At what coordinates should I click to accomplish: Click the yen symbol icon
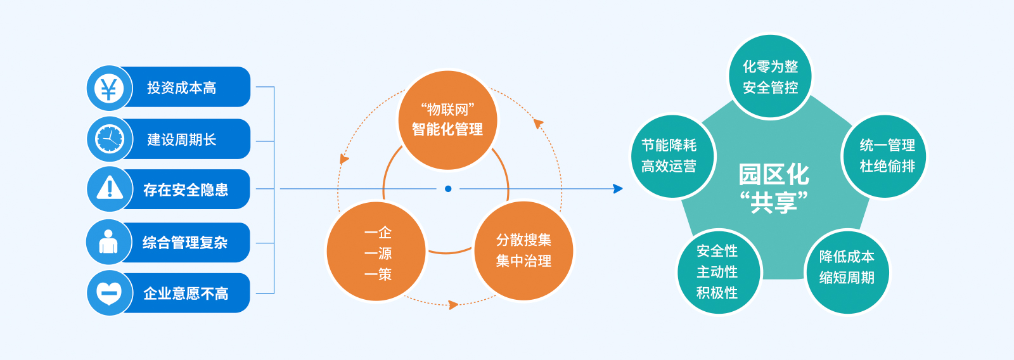click(108, 88)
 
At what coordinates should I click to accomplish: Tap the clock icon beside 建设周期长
click(109, 139)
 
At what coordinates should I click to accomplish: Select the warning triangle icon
click(109, 188)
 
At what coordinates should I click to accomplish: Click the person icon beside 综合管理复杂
click(108, 241)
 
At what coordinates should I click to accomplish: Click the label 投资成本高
click(181, 88)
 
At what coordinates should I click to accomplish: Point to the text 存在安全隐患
click(186, 190)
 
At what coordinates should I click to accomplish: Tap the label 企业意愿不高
click(186, 294)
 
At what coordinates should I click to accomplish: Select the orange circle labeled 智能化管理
click(447, 120)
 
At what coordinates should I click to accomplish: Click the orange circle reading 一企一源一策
click(376, 252)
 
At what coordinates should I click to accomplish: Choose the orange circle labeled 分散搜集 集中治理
click(523, 250)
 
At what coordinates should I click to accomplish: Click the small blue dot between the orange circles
click(448, 189)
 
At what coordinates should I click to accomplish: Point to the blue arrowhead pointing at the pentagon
click(618, 189)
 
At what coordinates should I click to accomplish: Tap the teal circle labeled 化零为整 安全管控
click(770, 76)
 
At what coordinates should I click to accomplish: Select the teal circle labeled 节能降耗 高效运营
click(672, 156)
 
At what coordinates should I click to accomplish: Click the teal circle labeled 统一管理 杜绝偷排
click(885, 156)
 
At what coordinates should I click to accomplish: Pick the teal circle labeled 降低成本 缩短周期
click(847, 273)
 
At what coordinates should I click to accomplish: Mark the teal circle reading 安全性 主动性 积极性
click(719, 273)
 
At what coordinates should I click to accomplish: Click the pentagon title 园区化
click(774, 175)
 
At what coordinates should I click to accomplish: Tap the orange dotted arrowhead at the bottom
click(453, 305)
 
